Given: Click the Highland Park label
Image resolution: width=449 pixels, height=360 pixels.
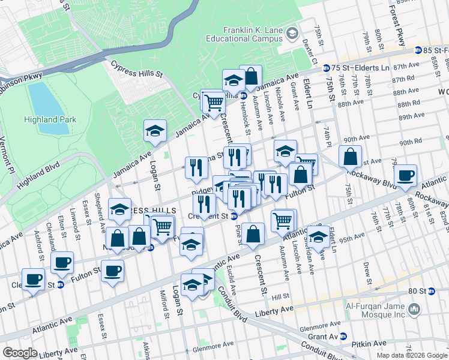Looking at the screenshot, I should pyautogui.click(x=50, y=119).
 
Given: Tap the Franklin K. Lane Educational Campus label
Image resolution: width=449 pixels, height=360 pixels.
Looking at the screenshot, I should pyautogui.click(x=252, y=34).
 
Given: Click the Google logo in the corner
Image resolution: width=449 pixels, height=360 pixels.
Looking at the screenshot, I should pyautogui.click(x=20, y=353).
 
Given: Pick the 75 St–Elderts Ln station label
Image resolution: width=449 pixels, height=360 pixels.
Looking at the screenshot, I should pyautogui.click(x=360, y=68).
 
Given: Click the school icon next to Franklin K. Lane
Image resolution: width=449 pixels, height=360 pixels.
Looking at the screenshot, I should pyautogui.click(x=292, y=32).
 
